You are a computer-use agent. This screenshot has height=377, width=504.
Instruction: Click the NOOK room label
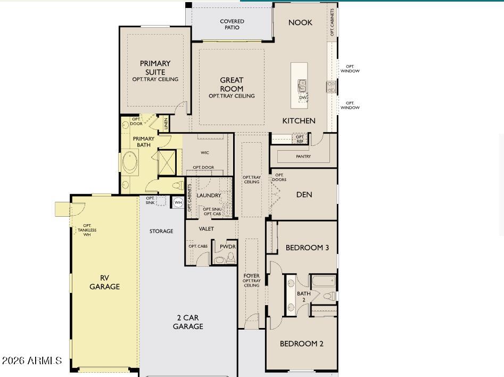click(x=300, y=22)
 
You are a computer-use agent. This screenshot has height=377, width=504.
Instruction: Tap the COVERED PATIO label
click(x=232, y=24)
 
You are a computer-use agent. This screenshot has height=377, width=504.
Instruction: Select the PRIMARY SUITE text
click(x=155, y=68)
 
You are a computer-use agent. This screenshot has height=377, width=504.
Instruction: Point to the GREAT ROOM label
click(x=232, y=85)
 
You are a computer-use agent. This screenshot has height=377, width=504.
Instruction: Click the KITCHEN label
click(x=299, y=121)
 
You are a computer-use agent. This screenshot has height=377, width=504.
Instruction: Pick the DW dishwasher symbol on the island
click(x=303, y=97)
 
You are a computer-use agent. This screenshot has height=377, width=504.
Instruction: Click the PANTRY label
click(x=303, y=157)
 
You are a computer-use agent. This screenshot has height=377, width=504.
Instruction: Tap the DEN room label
click(x=304, y=194)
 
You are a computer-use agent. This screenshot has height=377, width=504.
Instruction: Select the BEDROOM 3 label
click(x=307, y=248)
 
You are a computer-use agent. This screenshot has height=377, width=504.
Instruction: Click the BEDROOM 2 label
click(x=302, y=343)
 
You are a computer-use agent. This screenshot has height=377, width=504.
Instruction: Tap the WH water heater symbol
click(x=178, y=203)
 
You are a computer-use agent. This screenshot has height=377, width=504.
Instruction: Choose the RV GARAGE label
click(x=104, y=282)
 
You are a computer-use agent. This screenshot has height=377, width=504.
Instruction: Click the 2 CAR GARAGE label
click(x=188, y=322)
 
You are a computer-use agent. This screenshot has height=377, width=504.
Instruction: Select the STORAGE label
click(x=161, y=231)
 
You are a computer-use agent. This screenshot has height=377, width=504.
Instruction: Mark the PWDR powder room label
click(x=228, y=247)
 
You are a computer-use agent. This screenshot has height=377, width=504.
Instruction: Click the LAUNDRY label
click(x=209, y=195)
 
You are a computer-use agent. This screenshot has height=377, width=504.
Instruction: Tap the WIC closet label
click(x=205, y=153)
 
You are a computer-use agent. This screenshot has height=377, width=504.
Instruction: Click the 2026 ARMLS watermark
click(x=32, y=361)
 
